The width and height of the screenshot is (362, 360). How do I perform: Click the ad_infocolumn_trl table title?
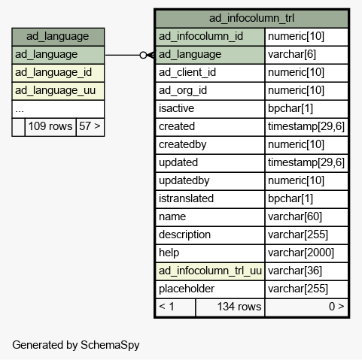click(x=251, y=18)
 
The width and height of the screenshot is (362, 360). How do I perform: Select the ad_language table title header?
click(x=58, y=37)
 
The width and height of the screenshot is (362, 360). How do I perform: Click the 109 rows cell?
click(x=50, y=127)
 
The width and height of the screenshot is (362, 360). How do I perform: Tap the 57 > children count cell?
click(x=90, y=127)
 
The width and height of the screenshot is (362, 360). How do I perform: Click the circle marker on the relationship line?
click(x=143, y=55)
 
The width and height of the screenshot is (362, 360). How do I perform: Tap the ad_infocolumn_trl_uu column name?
click(x=210, y=271)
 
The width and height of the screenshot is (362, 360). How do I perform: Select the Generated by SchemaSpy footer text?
click(x=76, y=345)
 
